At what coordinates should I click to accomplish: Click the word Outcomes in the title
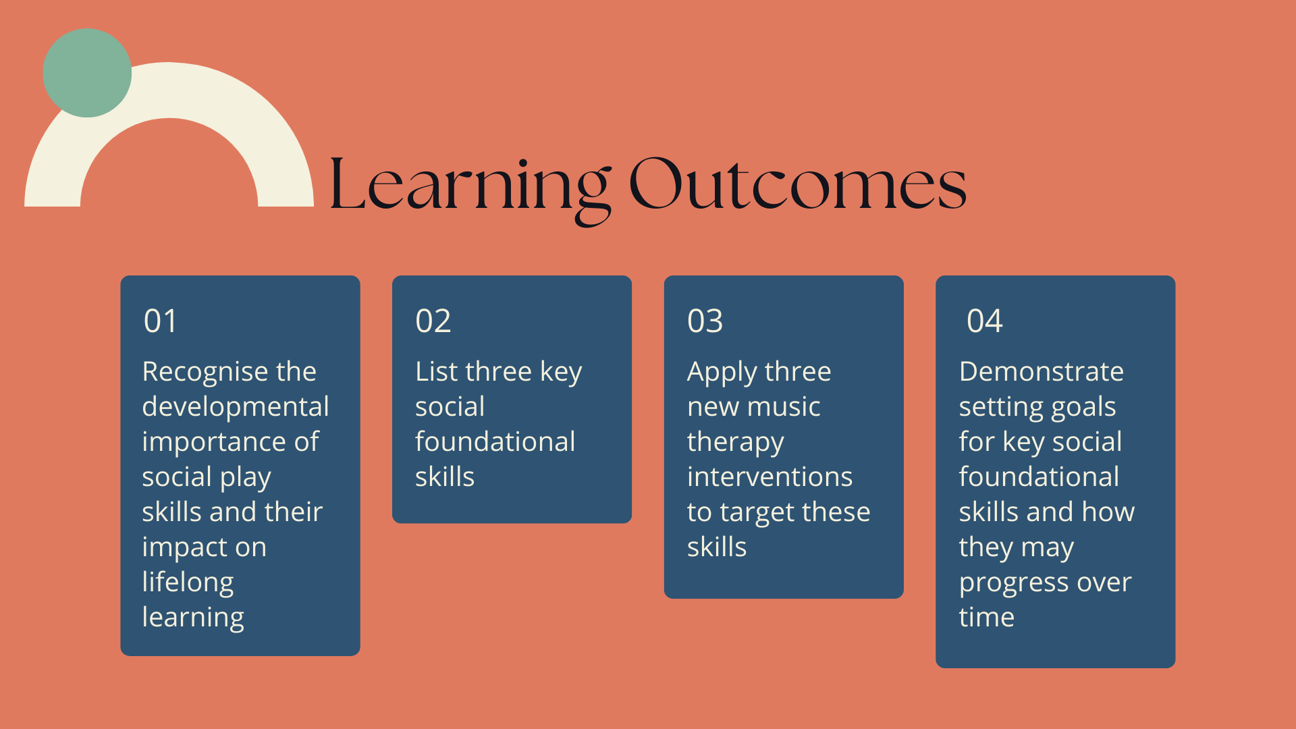(798, 184)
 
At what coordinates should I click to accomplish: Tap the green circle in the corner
(87, 73)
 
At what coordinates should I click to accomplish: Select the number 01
(161, 321)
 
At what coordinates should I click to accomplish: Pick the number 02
(433, 321)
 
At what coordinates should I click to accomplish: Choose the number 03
(705, 321)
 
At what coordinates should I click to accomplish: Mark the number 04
(985, 321)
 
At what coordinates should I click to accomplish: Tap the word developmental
(236, 408)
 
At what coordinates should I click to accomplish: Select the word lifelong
(188, 583)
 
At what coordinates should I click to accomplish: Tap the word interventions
(770, 477)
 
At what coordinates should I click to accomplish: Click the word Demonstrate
(1042, 372)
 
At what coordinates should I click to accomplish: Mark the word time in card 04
(987, 618)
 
